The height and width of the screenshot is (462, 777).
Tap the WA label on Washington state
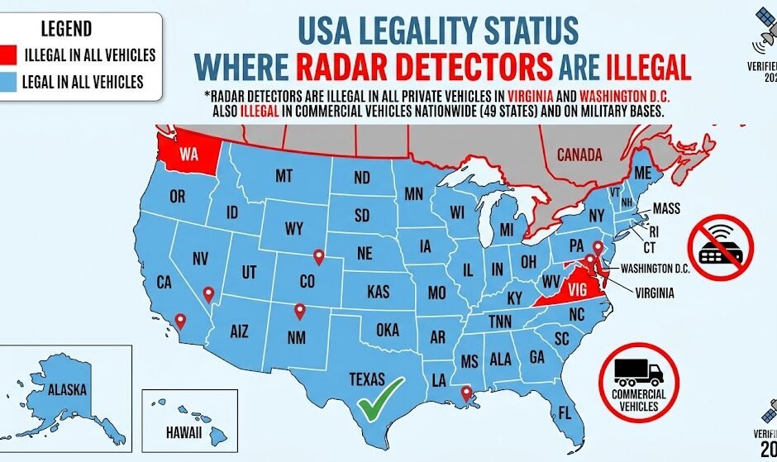coord(188,155)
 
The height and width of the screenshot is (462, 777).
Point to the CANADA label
coord(579,155)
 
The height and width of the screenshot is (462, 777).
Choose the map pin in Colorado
coord(317,258)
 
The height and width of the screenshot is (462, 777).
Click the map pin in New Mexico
coord(300,312)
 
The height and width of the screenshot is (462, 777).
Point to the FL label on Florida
coord(565,412)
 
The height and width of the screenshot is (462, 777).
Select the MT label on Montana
coord(284,175)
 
